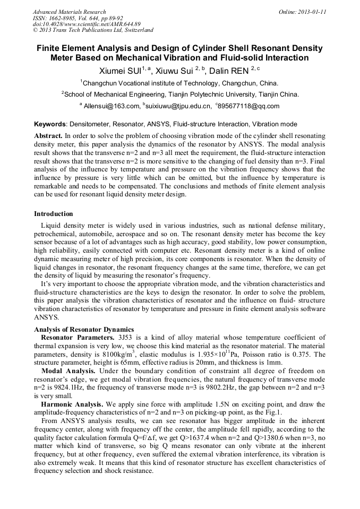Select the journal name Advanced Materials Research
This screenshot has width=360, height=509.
pyautogui.click(x=70, y=12)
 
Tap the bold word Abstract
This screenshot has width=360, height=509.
pyautogui.click(x=48, y=136)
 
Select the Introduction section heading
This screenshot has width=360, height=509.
pyautogui.click(x=54, y=214)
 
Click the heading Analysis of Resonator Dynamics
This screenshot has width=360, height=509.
pyautogui.click(x=84, y=330)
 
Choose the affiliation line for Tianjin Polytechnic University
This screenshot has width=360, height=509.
pyautogui.click(x=181, y=94)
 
